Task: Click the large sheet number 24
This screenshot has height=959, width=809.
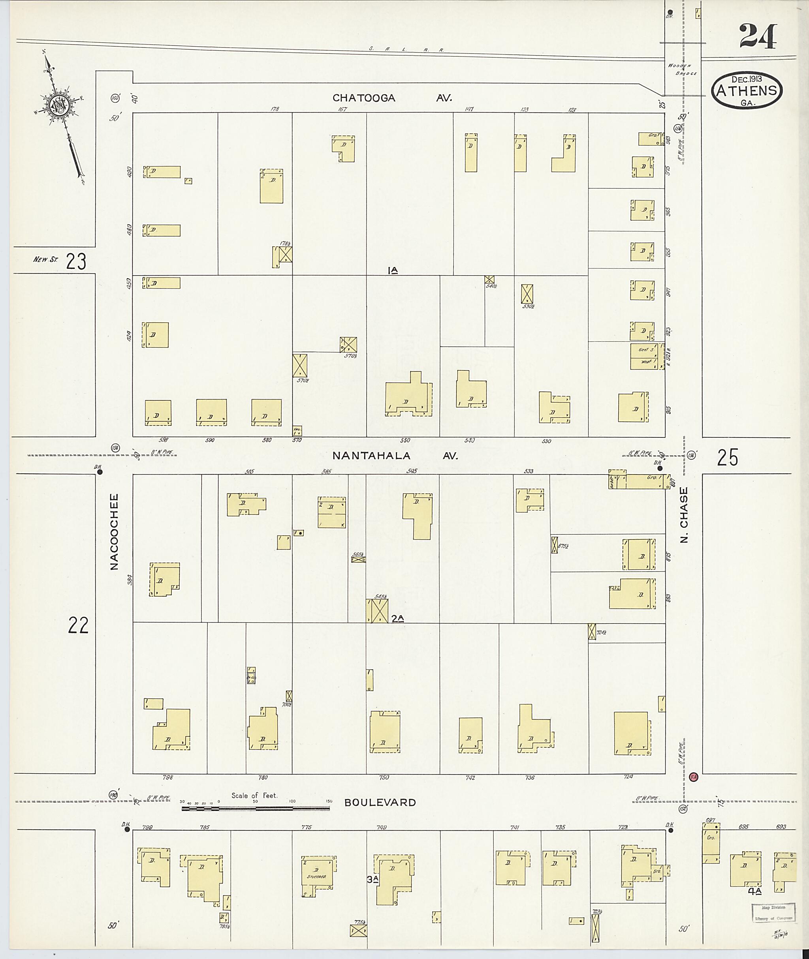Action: (x=758, y=36)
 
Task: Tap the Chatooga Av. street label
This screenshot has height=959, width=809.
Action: (x=392, y=98)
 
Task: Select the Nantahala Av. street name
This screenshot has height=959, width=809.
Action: (x=395, y=456)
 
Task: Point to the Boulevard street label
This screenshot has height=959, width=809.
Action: (x=380, y=802)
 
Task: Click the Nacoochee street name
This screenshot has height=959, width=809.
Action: (x=114, y=531)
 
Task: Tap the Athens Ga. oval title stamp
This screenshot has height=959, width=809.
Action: (x=747, y=90)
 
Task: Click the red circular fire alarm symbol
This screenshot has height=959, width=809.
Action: (x=693, y=777)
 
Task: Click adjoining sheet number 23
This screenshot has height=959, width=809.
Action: (x=76, y=262)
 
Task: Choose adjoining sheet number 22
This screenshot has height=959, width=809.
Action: (x=78, y=625)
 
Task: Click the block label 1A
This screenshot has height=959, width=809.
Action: (x=392, y=271)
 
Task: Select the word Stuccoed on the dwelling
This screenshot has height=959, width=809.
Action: (x=316, y=876)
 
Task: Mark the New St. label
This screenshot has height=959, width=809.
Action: (x=45, y=260)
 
